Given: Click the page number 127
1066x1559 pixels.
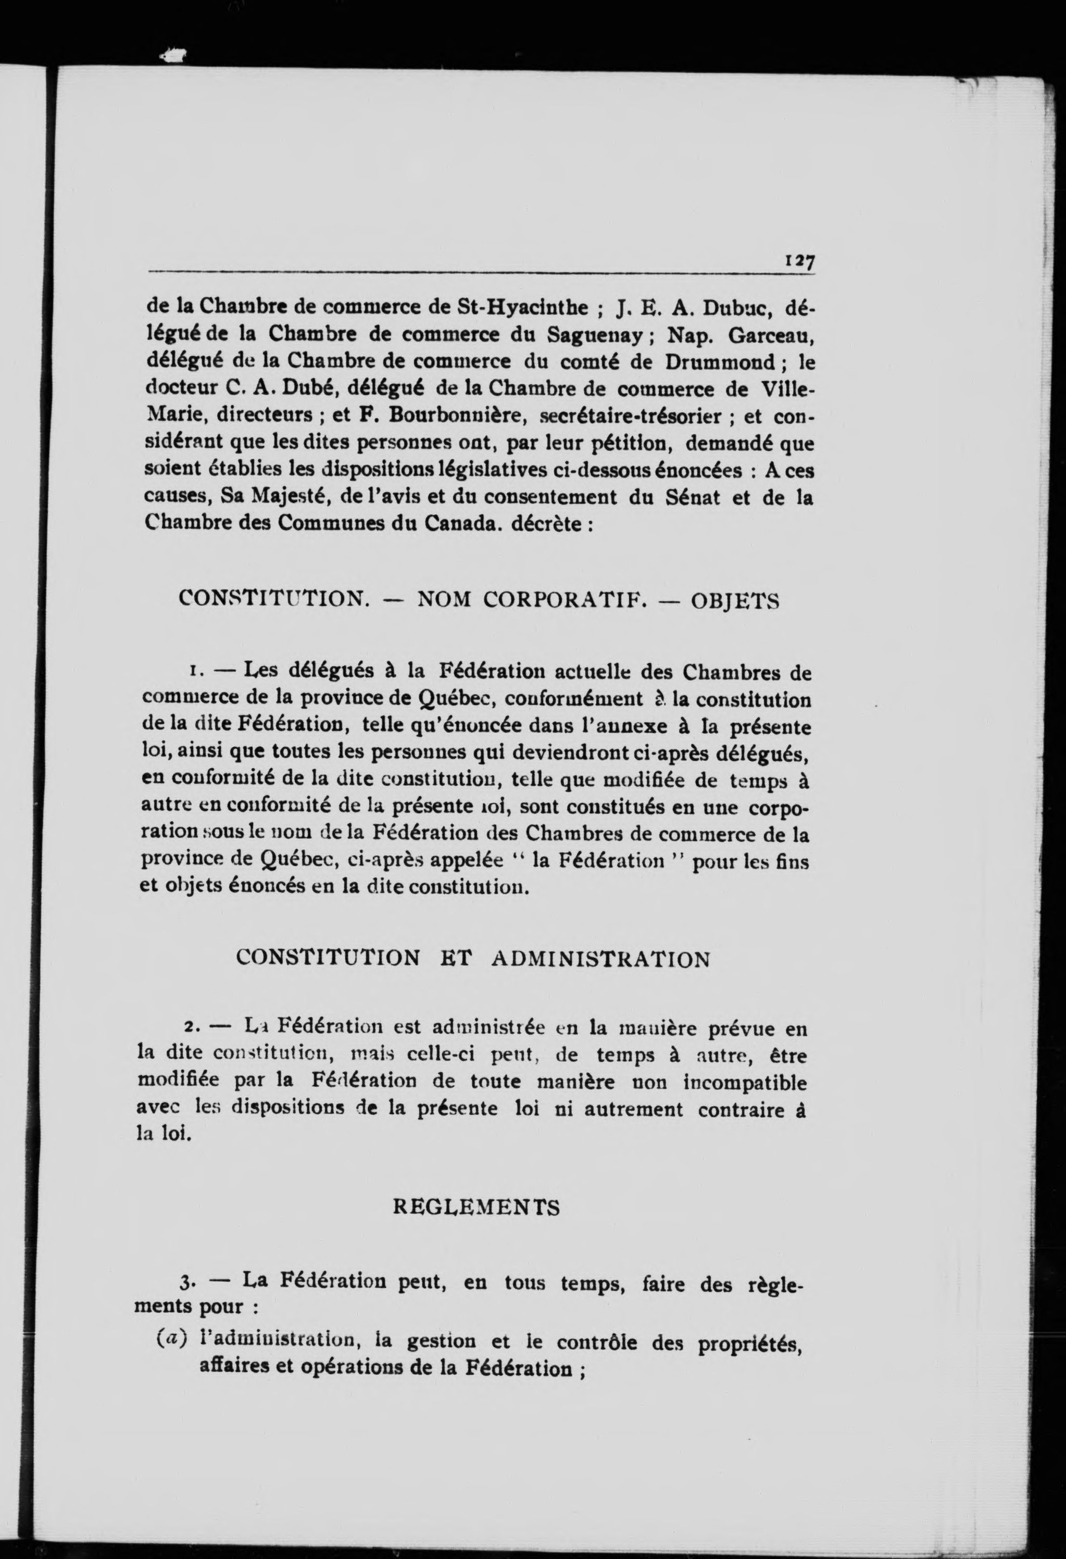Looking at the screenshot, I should [x=798, y=260].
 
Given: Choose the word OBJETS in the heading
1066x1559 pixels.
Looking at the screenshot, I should [x=735, y=600].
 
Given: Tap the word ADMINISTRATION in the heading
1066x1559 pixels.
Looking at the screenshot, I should [x=600, y=959].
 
